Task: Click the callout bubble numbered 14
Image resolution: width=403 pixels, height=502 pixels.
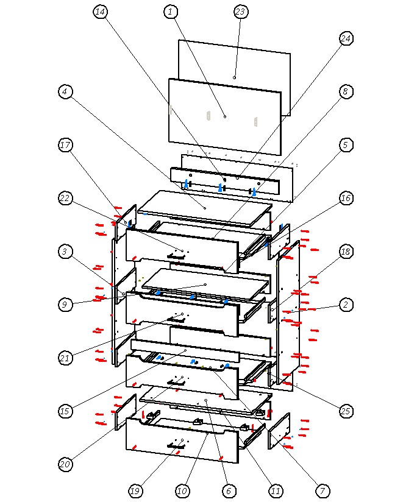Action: coord(100,12)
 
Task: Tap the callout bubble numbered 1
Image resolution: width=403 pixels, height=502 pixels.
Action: coord(171,12)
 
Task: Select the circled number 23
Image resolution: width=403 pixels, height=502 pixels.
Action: coord(241,12)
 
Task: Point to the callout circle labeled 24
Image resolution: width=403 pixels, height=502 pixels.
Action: coord(346,38)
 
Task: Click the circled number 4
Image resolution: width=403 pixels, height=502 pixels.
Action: coord(65,91)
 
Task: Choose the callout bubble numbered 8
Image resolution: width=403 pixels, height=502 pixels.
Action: coord(346,91)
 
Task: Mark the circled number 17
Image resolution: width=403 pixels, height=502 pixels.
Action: coord(65,145)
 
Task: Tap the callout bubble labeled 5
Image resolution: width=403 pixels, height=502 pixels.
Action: coord(346,145)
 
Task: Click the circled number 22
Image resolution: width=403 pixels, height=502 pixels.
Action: coord(65,198)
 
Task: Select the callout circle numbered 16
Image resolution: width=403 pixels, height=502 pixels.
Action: coord(346,198)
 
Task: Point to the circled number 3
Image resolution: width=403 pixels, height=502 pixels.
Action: coord(65,252)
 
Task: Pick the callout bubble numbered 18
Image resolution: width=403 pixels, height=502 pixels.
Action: coord(346,252)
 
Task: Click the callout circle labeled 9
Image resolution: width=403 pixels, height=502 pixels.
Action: coord(65,305)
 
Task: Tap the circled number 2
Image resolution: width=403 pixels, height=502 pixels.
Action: coord(346,305)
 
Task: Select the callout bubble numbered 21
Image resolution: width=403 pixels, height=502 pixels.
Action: coord(65,358)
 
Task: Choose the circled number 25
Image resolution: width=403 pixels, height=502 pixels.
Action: coord(346,411)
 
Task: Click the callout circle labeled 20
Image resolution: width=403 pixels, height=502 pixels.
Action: coord(65,464)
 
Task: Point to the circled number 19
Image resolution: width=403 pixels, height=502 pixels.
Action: coord(135,491)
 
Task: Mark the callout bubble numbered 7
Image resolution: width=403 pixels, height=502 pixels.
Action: coord(323,491)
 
